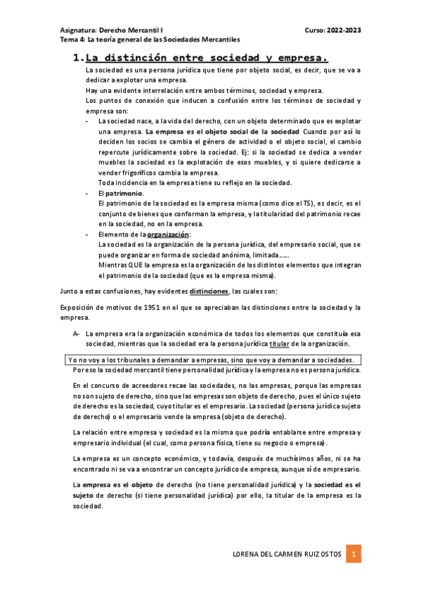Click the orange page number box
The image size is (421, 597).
tap(356, 554)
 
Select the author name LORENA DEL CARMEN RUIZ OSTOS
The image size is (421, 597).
tap(287, 555)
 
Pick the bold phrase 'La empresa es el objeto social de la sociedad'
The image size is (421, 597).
tap(223, 132)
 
